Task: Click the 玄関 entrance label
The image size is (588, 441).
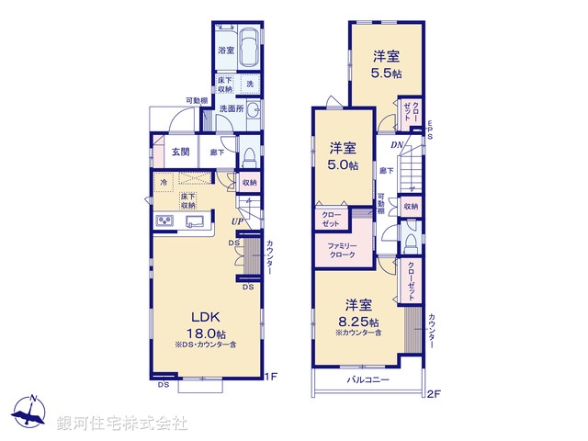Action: pyautogui.click(x=179, y=153)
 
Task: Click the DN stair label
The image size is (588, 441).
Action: pyautogui.click(x=396, y=145)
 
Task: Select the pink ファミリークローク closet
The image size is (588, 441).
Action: pyautogui.click(x=342, y=251)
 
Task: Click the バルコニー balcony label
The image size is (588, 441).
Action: pyautogui.click(x=367, y=379)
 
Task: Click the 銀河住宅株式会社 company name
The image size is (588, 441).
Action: pyautogui.click(x=123, y=423)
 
